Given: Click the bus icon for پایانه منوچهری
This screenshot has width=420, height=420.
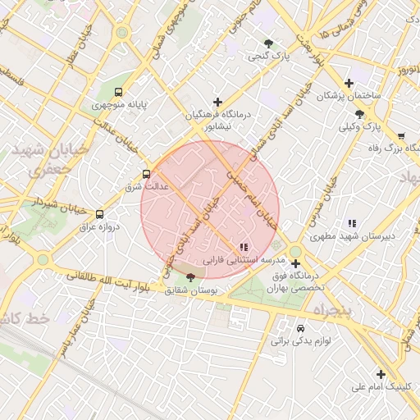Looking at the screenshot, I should (x=119, y=93).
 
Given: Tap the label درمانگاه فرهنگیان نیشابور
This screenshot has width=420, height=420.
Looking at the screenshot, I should (x=217, y=121).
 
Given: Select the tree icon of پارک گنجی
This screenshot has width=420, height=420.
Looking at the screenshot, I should (x=268, y=43).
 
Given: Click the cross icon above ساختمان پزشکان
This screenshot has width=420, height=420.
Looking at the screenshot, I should (x=349, y=83).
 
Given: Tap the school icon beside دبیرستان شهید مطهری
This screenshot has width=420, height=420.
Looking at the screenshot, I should (x=352, y=223).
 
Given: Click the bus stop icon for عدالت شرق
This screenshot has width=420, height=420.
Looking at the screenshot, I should (x=146, y=174).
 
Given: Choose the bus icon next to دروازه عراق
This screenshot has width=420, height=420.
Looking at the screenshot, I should (x=99, y=214).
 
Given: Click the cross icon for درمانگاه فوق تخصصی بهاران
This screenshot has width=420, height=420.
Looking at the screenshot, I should (x=295, y=264).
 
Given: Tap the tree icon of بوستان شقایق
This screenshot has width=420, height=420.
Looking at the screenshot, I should (x=192, y=277).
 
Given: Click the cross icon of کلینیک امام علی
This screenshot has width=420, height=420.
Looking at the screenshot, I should (x=380, y=373).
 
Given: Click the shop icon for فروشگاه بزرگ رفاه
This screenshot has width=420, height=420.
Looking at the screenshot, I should (x=401, y=136).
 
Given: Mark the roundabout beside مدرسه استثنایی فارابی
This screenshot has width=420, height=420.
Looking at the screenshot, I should (x=295, y=252).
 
